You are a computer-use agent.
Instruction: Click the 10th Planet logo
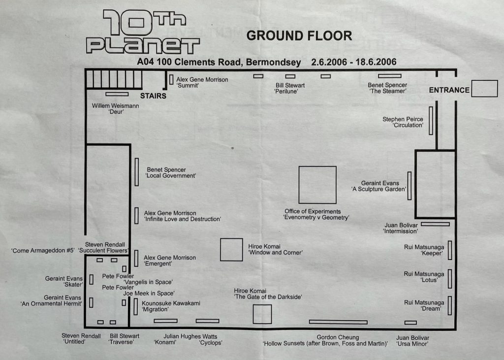point(143,33)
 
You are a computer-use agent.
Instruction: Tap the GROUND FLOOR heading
point(299,35)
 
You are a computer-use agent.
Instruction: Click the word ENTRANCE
point(449,90)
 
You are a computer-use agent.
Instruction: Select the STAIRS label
point(153,96)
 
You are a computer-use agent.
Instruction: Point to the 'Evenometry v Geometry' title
point(316,217)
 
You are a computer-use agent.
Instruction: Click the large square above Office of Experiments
point(317,185)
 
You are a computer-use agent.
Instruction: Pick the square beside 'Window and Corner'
point(231,250)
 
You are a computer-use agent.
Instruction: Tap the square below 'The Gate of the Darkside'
point(262,314)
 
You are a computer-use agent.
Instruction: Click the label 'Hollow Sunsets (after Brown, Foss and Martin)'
point(325,343)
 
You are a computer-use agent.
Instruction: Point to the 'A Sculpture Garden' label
point(378,189)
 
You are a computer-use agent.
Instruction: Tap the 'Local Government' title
point(170,176)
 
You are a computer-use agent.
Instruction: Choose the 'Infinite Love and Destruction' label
point(182,219)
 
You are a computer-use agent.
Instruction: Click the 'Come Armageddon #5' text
point(43,251)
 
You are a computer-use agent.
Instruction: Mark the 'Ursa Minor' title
point(412,343)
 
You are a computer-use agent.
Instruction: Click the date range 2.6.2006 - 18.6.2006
point(354,63)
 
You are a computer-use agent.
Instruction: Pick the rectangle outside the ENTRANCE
point(484,88)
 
